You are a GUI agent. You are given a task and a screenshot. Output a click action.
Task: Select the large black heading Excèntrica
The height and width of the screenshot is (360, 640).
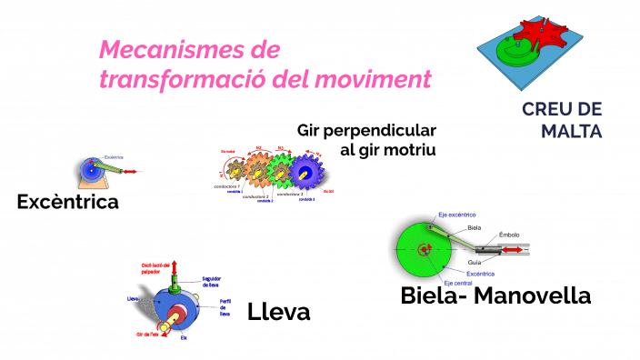[68, 202]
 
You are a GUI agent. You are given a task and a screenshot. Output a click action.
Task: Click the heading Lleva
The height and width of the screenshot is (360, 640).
[278, 313]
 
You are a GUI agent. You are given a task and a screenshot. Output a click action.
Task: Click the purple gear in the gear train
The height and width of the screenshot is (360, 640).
[305, 172]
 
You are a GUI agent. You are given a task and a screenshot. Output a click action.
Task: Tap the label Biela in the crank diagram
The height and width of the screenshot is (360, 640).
[474, 228]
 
